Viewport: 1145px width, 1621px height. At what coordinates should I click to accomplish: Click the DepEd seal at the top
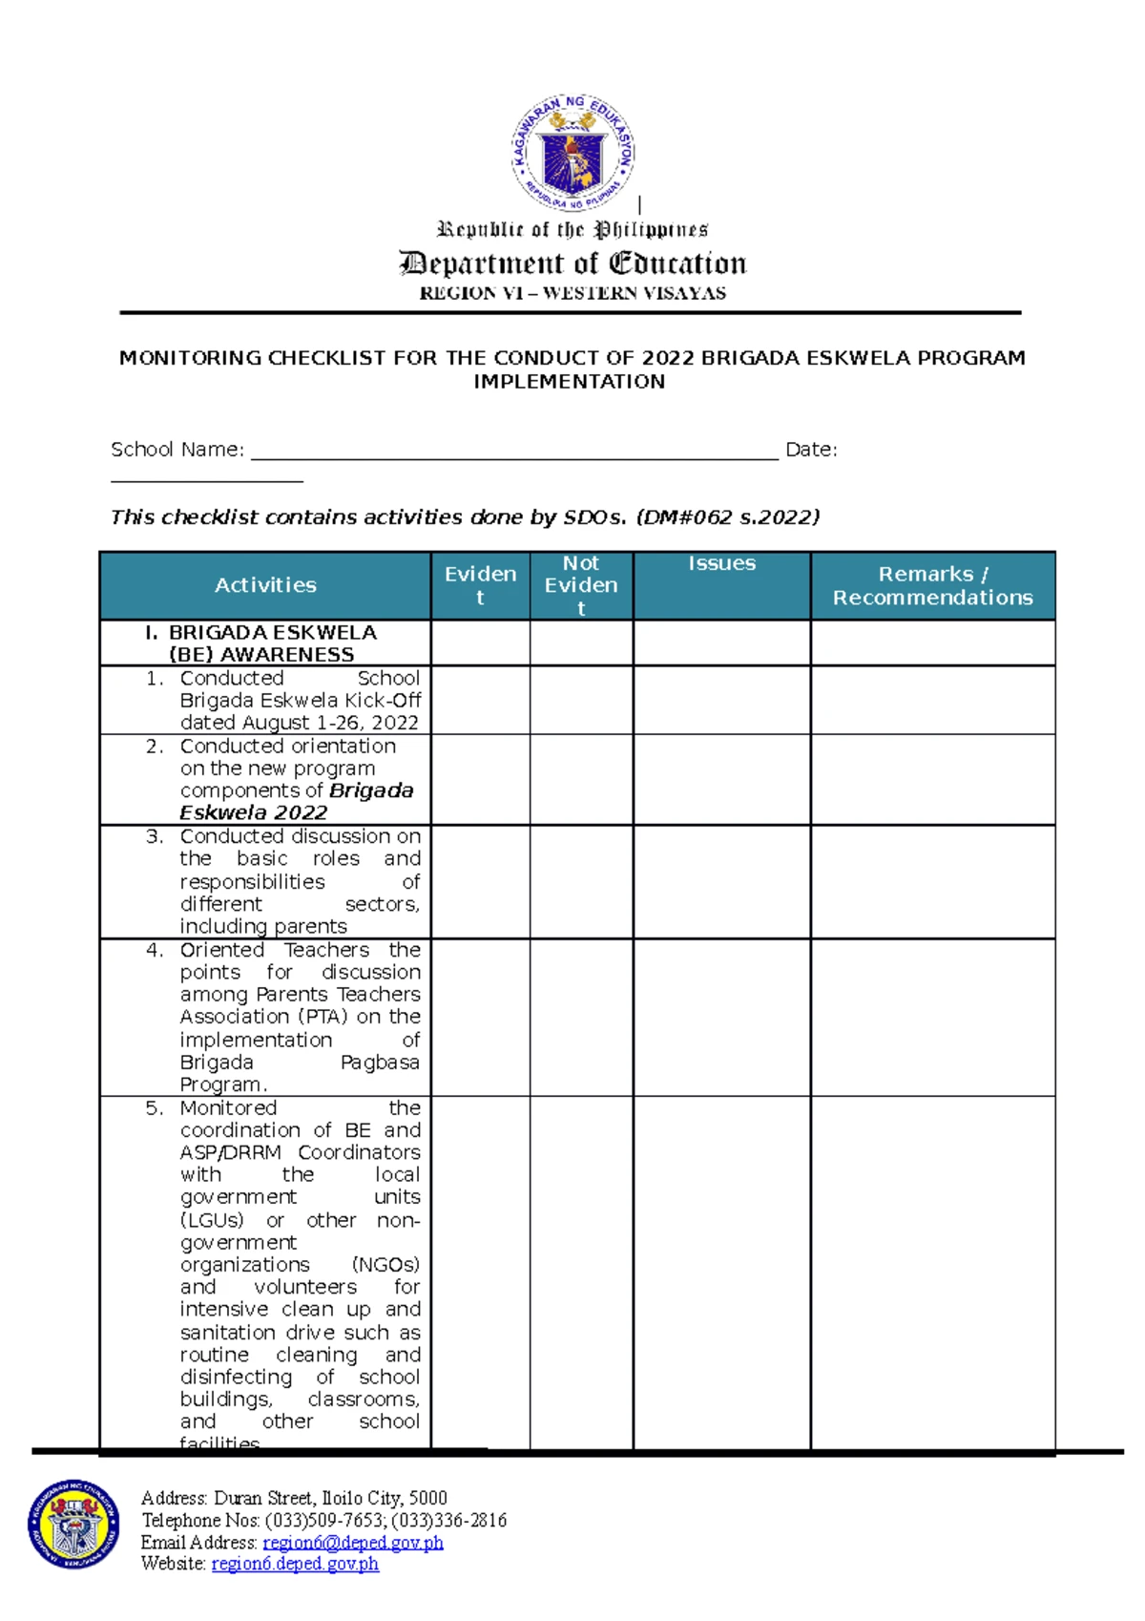(x=572, y=153)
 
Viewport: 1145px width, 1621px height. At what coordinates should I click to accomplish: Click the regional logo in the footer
(x=73, y=1525)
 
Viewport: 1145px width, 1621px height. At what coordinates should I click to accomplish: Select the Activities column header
(x=265, y=585)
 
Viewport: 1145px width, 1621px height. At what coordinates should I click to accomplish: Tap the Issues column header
(x=721, y=564)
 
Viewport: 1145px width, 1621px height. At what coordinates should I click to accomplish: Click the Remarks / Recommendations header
(x=932, y=585)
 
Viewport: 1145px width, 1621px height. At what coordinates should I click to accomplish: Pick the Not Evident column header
(x=581, y=585)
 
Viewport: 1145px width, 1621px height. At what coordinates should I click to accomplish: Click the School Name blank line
(x=515, y=451)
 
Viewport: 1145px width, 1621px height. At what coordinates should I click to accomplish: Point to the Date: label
(x=811, y=450)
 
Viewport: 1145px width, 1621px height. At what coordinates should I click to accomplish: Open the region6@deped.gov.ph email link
(x=353, y=1543)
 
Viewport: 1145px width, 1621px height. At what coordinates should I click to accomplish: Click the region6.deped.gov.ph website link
(x=295, y=1564)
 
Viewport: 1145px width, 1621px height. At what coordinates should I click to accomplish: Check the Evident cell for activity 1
(x=480, y=700)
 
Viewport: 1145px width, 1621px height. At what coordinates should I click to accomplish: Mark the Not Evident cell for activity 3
(x=581, y=881)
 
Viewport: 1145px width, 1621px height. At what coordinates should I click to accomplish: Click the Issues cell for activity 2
(x=721, y=779)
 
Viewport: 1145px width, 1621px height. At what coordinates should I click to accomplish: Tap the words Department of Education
(x=572, y=263)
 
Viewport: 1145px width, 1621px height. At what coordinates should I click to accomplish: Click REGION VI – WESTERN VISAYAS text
(x=572, y=293)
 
